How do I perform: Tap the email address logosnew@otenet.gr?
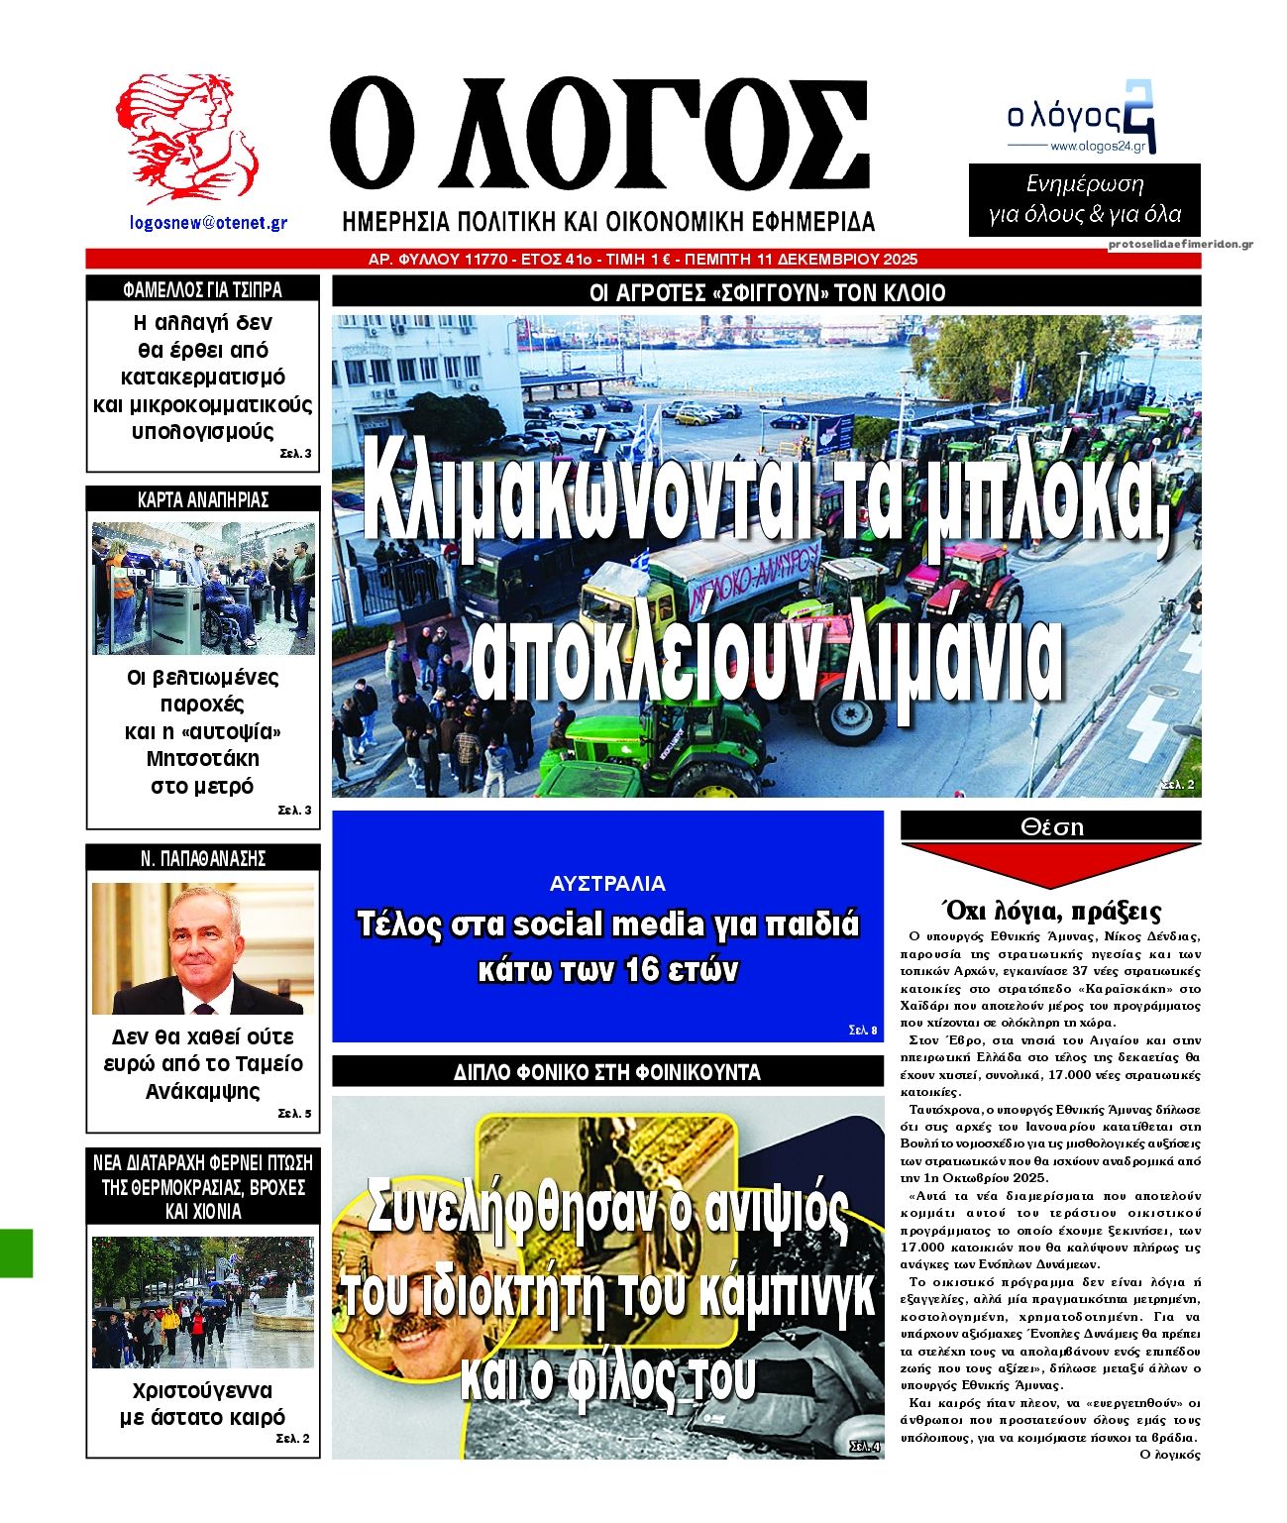[x=209, y=223]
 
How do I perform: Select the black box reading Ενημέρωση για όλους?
[x=1084, y=199]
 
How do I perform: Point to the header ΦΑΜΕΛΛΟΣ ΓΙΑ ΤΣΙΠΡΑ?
[x=203, y=289]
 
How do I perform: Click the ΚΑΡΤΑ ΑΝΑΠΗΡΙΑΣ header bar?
[x=203, y=499]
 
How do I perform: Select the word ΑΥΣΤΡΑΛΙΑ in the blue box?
[x=607, y=883]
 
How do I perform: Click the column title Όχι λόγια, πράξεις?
[x=1050, y=911]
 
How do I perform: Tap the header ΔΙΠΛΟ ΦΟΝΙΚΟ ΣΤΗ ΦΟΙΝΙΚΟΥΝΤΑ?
[x=607, y=1072]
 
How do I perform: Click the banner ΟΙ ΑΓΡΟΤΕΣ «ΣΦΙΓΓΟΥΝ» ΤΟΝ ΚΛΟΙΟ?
[x=766, y=292]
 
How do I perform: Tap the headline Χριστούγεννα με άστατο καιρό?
[x=203, y=1403]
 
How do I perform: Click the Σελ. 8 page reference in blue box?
[x=863, y=1031]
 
